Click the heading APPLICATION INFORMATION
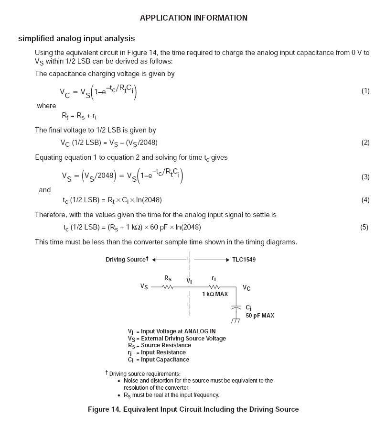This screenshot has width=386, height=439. pyautogui.click(x=193, y=18)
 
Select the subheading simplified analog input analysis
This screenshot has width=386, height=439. pyautogui.click(x=76, y=39)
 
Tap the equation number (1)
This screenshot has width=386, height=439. pyautogui.click(x=365, y=91)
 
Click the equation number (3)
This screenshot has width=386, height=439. pyautogui.click(x=365, y=177)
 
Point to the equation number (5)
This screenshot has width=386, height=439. pyautogui.click(x=364, y=227)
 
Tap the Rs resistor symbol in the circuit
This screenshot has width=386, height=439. pyautogui.click(x=168, y=287)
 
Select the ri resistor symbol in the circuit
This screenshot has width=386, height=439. pyautogui.click(x=214, y=287)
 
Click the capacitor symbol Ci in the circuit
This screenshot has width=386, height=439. pyautogui.click(x=236, y=308)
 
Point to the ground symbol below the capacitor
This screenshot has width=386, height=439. pyautogui.click(x=236, y=320)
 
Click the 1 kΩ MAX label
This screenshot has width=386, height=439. pyautogui.click(x=215, y=294)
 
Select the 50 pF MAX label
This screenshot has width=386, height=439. pyautogui.click(x=260, y=316)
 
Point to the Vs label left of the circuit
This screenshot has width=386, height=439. pyautogui.click(x=144, y=286)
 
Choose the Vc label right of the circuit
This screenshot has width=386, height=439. pyautogui.click(x=247, y=288)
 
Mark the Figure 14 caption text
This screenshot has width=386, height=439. pyautogui.click(x=193, y=409)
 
